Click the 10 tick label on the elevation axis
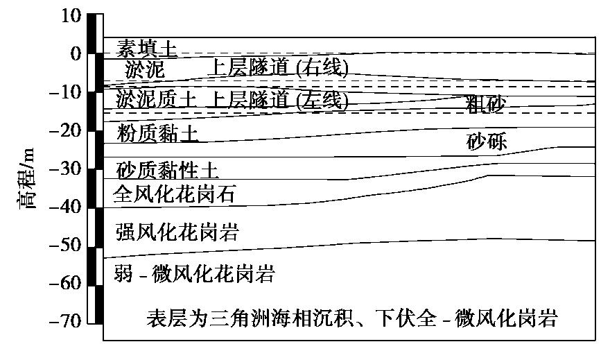[71, 16]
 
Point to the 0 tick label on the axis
[76, 53]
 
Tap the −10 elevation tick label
[65, 92]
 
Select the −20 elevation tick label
[65, 130]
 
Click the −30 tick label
[65, 169]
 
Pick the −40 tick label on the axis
[65, 207]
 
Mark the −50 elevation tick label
[65, 245]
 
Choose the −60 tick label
[65, 283]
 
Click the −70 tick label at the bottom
[65, 321]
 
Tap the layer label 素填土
[147, 49]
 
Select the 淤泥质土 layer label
[155, 99]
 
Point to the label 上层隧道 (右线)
[278, 68]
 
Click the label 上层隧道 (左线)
[278, 100]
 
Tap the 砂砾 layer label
[487, 142]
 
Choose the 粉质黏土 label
[157, 134]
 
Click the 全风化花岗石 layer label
[174, 194]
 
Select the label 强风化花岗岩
[177, 232]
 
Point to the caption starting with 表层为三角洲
[352, 318]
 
